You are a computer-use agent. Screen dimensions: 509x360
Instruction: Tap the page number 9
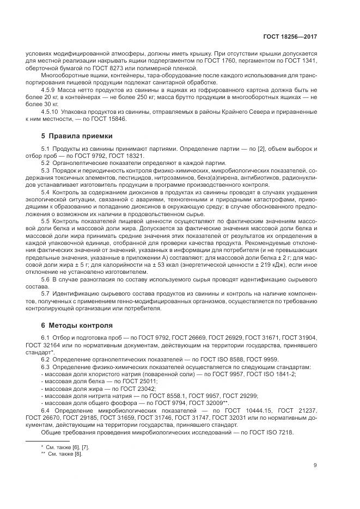(315, 465)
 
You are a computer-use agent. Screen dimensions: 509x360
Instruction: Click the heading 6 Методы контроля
(76, 326)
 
